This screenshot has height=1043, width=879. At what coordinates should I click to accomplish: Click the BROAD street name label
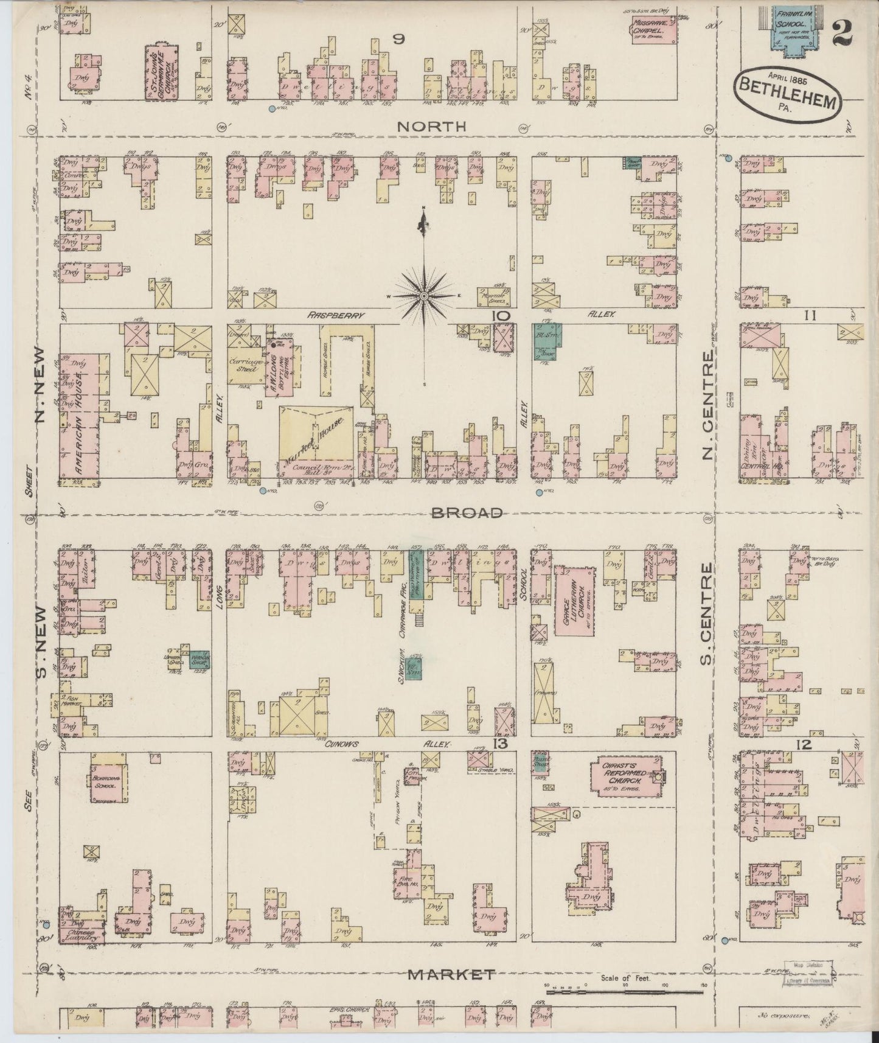click(467, 512)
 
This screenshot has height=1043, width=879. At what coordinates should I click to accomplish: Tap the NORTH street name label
click(431, 126)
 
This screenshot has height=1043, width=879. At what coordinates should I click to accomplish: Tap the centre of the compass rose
click(423, 296)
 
